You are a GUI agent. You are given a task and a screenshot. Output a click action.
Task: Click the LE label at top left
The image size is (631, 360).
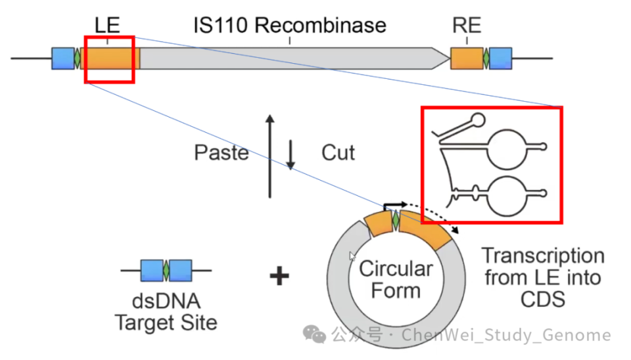[107, 26]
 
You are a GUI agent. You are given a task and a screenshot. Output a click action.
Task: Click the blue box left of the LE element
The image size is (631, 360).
[63, 58]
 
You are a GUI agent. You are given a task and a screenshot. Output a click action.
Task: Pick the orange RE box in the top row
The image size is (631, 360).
[466, 58]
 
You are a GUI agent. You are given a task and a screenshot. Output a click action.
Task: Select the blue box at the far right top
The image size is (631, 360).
[501, 58]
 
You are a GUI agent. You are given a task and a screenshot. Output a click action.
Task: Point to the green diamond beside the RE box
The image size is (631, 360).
[486, 58]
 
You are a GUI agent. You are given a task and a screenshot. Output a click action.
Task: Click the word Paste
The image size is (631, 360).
[221, 153]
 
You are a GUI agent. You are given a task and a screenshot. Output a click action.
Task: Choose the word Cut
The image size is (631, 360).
[338, 153]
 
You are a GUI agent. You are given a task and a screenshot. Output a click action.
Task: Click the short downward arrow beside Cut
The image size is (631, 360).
[291, 154]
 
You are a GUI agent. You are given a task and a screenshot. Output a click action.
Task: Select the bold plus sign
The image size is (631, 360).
[279, 277]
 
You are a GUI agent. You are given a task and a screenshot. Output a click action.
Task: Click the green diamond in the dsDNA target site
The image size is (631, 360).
[166, 270]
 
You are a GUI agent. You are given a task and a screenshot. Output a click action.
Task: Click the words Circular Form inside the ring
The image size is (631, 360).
[396, 279]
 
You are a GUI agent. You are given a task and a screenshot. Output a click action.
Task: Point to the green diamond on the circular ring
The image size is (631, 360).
[396, 221]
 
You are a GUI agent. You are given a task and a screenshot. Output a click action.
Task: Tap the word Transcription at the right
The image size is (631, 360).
[542, 255]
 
